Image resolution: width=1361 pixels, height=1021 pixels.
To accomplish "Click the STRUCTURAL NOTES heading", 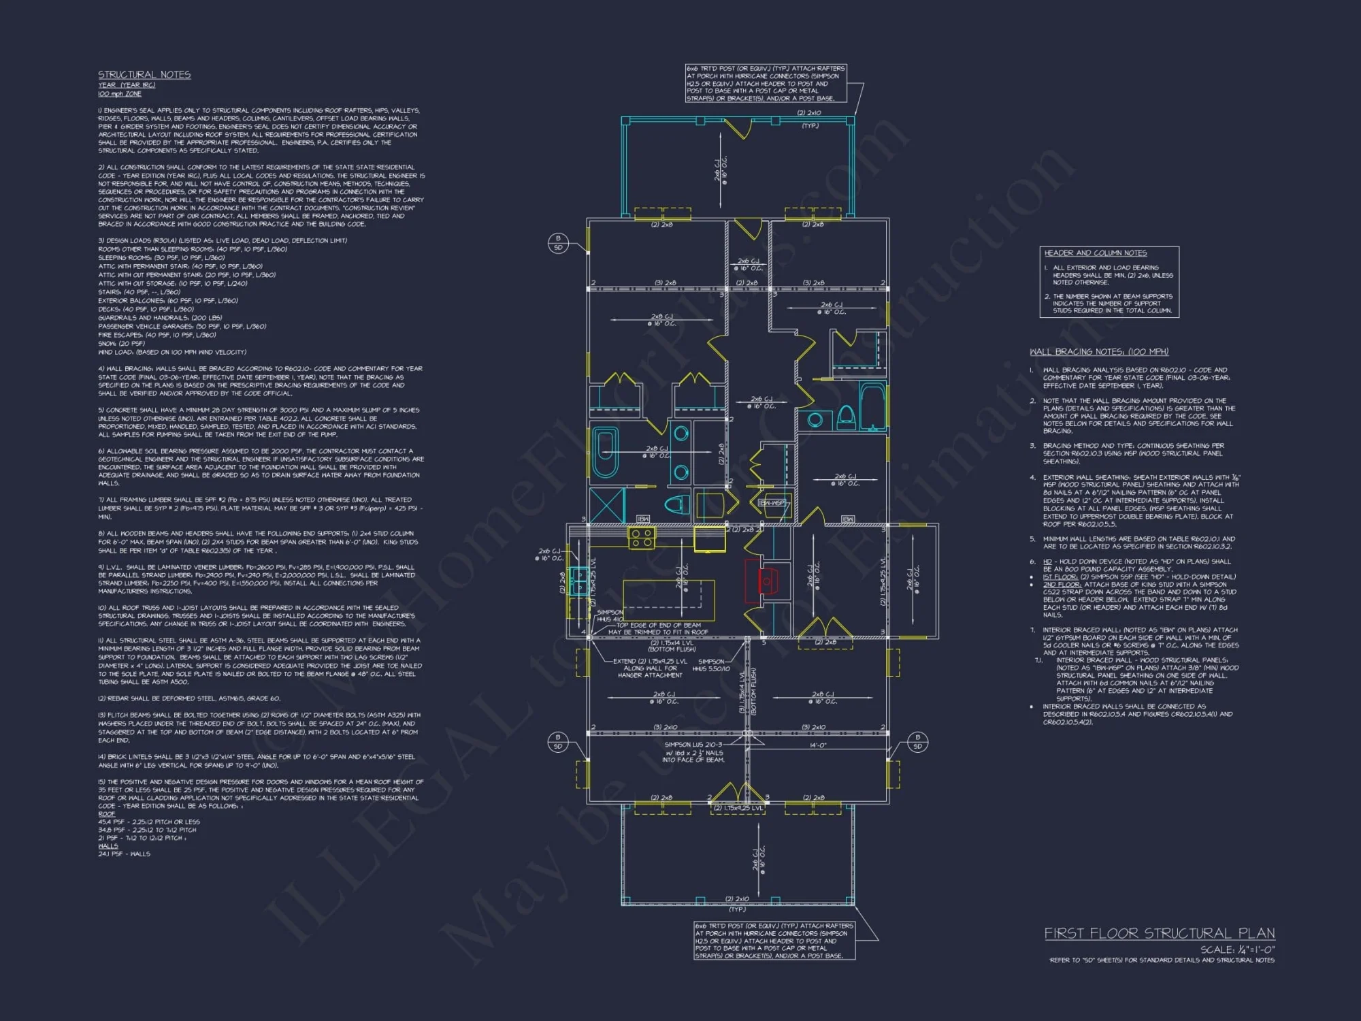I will (x=144, y=75).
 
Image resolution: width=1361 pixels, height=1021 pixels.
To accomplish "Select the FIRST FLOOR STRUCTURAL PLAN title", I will (x=1159, y=933).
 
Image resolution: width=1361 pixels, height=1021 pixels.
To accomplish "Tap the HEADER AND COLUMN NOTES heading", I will (x=1096, y=253).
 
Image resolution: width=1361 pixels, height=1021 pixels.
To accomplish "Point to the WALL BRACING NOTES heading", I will (x=1098, y=352).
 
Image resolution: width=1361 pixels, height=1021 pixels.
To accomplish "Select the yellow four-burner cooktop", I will (x=640, y=538).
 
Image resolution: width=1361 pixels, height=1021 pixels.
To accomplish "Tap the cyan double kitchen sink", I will (x=579, y=582).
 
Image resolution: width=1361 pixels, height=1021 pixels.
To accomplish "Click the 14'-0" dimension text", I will (x=817, y=745).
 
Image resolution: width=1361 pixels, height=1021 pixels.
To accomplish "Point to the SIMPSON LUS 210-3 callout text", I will (x=693, y=745).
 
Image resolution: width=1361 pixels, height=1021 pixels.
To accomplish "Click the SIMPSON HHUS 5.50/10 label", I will (x=710, y=665).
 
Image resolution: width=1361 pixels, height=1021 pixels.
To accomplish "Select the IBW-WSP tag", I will (x=772, y=503).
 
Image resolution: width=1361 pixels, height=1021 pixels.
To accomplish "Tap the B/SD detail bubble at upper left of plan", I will (x=558, y=243).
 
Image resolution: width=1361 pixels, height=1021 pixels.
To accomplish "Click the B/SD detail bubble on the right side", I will (x=917, y=742).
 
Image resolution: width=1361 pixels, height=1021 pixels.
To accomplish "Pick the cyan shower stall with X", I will (x=606, y=506).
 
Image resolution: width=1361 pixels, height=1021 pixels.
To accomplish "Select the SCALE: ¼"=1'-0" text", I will (x=1237, y=950).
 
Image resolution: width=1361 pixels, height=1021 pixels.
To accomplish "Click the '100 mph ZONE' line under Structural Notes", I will (x=119, y=94).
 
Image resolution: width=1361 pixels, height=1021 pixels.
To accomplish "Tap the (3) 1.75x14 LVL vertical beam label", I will (x=742, y=691).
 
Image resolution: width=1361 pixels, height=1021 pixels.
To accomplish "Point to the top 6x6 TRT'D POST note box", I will (x=766, y=84).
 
